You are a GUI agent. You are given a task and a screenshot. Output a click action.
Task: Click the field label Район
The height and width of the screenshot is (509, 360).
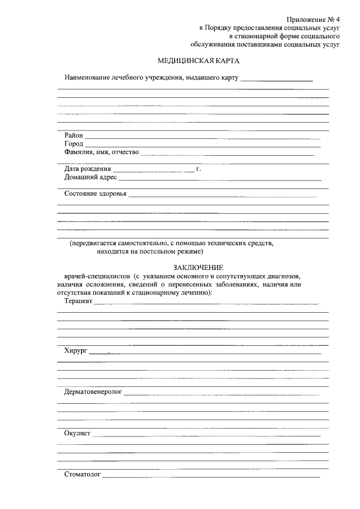74,135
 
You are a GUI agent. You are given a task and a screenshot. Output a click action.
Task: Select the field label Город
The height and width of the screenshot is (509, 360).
74,143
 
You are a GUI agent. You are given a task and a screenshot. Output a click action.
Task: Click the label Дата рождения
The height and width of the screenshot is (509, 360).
87,169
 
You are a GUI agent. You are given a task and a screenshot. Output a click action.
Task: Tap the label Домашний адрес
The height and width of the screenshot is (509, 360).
91,177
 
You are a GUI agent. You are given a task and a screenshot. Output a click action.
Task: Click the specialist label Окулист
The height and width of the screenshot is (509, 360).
77,433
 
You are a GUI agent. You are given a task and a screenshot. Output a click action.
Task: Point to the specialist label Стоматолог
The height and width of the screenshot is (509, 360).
82,475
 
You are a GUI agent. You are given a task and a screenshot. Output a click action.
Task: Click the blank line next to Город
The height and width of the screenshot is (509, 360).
202,146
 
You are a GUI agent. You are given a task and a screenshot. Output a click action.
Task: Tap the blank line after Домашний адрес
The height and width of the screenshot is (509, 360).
219,179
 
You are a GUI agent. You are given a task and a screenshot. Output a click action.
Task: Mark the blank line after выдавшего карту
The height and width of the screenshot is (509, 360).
276,80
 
